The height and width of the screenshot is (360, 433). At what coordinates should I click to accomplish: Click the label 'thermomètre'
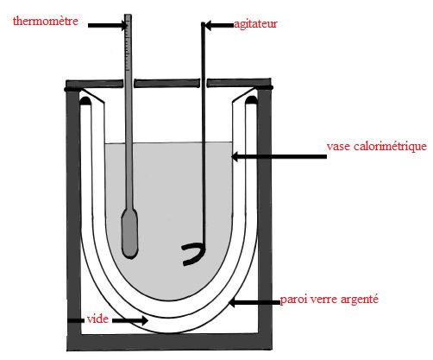tap(46, 21)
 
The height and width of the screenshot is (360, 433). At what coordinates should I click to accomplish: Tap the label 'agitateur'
tap(255, 24)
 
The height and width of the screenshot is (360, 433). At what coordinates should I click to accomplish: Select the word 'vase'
tap(338, 147)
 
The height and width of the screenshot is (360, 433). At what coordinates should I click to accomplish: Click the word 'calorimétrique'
tap(390, 147)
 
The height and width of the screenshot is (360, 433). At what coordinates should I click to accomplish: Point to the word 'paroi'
tap(292, 300)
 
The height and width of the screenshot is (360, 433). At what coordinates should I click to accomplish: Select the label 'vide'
tap(97, 319)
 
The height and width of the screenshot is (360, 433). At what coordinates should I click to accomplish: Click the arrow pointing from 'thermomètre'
tap(108, 26)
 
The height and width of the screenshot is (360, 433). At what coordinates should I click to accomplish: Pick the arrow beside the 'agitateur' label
tap(219, 25)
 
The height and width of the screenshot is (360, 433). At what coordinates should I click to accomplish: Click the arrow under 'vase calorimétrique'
tap(279, 157)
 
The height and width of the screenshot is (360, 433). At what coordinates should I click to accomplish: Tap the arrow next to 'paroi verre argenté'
tap(254, 303)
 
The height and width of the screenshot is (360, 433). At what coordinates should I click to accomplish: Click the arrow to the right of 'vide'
tap(130, 320)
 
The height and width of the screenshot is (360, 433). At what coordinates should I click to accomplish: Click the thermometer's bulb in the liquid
tap(129, 234)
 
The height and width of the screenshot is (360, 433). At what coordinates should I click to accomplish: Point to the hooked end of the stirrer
tap(194, 255)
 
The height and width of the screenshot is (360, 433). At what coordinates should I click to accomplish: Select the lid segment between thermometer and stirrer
tap(167, 84)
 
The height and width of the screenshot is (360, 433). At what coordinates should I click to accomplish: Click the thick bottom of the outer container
tap(170, 342)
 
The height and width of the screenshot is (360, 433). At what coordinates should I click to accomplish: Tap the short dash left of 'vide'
tap(75, 320)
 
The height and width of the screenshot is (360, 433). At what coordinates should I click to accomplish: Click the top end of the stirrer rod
tap(203, 23)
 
